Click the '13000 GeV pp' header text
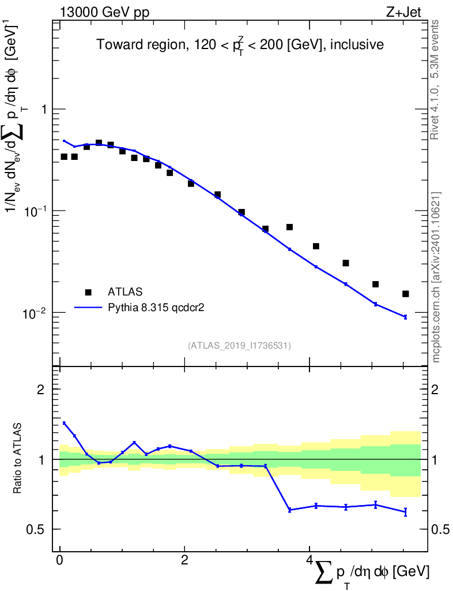click(104, 13)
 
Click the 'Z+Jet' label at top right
click(403, 12)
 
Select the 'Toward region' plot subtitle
click(240, 45)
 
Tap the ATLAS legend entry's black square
click(88, 292)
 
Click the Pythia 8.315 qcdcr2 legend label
click(156, 308)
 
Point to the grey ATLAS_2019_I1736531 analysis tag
click(239, 346)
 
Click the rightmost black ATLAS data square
click(405, 294)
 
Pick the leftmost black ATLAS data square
click(64, 156)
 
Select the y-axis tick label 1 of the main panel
click(44, 110)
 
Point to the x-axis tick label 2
click(184, 560)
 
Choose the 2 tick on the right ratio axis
click(435, 390)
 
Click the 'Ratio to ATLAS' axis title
click(17, 458)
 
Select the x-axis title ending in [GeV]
click(371, 574)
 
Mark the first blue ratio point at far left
click(64, 423)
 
